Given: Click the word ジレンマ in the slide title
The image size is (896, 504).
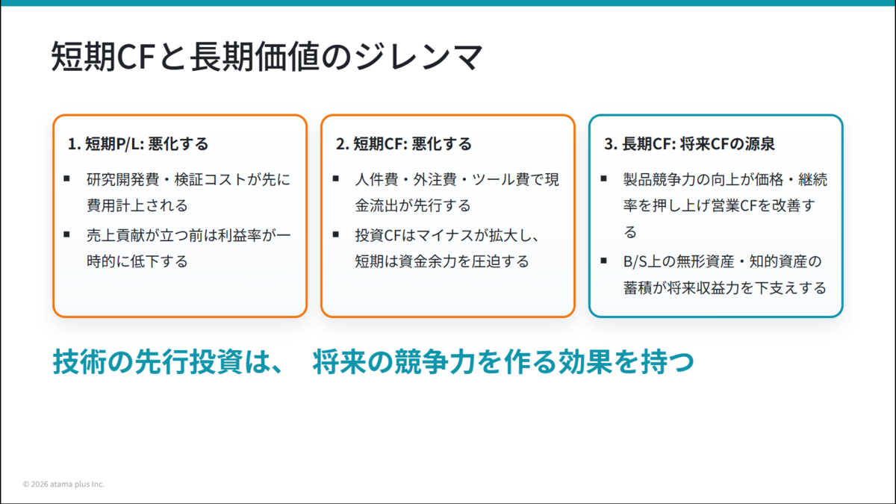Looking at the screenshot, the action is point(419,56).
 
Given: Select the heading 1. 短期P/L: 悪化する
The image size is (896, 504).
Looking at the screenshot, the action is point(138,143).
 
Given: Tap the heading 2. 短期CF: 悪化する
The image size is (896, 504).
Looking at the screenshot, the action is point(404,143).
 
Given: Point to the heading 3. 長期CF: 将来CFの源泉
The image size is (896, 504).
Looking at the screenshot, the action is point(689,143).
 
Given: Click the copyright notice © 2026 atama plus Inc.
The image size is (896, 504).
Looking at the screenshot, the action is point(63,484).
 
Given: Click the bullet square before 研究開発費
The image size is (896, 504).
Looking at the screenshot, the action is point(66,178).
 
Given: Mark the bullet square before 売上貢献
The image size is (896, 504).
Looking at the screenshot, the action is point(66,234).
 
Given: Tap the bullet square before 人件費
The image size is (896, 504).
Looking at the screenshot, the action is point(335,178).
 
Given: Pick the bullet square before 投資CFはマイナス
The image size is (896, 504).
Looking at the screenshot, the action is point(335,234).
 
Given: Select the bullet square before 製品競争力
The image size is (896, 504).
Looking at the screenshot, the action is point(603,178).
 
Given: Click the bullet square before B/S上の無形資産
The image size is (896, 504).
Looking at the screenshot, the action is point(603,261).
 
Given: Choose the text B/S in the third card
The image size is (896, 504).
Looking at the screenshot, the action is point(635,261).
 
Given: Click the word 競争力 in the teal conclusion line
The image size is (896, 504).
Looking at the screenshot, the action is point(435,361).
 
